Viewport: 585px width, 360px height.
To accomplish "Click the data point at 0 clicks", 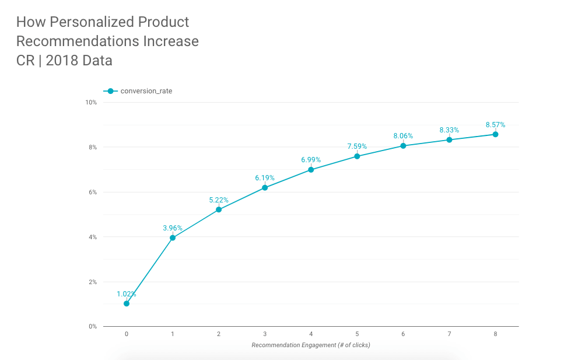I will coord(127,303).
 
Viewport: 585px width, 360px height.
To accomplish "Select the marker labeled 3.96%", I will coord(173,237).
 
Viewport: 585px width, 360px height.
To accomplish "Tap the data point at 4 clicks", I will coord(311,170).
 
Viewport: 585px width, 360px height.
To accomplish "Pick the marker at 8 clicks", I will coord(495,134).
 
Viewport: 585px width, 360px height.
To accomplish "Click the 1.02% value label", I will coord(127,294).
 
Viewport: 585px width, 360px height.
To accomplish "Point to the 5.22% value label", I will coord(219,200).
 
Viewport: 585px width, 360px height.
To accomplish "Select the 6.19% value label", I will coord(265,178).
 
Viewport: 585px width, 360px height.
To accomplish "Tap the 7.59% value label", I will coord(357,146).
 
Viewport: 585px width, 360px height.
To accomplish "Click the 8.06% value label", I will coord(403,136).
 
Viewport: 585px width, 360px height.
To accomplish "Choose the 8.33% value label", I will coord(449,130).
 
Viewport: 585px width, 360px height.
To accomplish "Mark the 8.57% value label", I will coord(495,125).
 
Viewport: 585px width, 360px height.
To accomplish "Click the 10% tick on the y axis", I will coord(91,103).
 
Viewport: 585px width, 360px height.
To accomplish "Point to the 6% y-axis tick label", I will coord(93,193).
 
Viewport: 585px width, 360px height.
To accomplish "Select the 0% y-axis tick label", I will coord(93,327).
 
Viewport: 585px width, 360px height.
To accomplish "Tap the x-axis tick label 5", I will coord(357,334).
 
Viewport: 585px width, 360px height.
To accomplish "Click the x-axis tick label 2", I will coord(219,334).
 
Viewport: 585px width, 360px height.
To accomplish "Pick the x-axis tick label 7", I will coord(449,334).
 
